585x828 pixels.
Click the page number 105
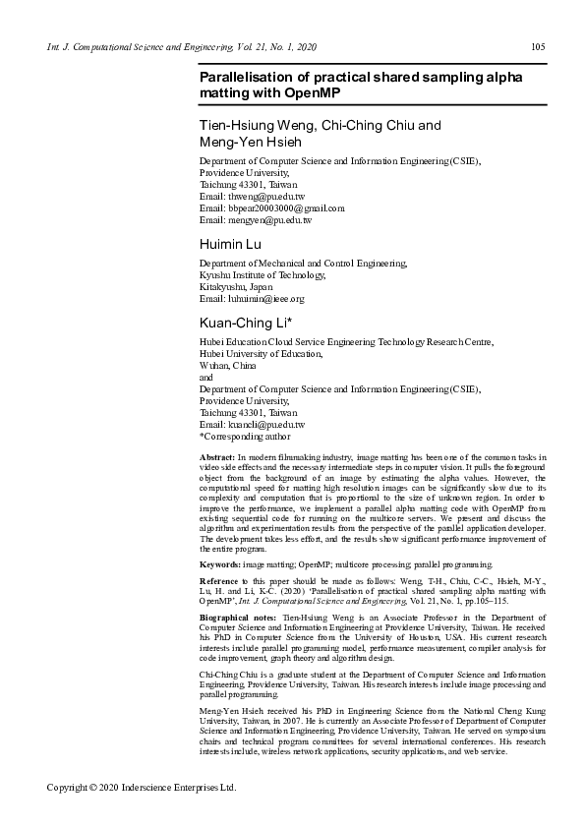pyautogui.click(x=538, y=46)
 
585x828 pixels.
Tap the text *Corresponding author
pyautogui.click(x=245, y=436)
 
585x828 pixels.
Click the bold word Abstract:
pyautogui.click(x=217, y=458)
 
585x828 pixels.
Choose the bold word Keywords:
pyautogui.click(x=220, y=565)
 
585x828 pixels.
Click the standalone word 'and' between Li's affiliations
pyautogui.click(x=206, y=377)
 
